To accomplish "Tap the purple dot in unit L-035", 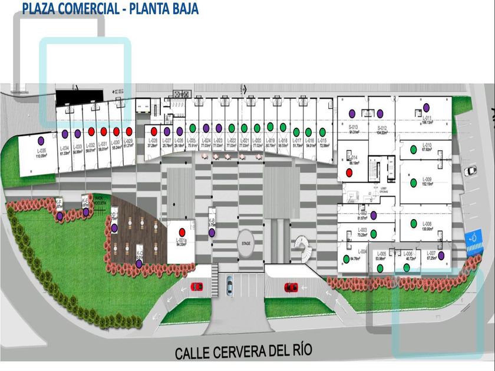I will click(41, 140).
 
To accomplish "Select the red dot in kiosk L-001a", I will click(182, 231).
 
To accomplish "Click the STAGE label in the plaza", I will click(246, 242).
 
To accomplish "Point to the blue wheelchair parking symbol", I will click(473, 238).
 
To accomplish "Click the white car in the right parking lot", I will click(470, 171).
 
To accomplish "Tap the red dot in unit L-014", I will click(349, 172).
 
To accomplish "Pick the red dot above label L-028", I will click(153, 131).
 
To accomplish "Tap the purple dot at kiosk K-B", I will click(212, 233).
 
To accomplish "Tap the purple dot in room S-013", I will click(352, 112).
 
